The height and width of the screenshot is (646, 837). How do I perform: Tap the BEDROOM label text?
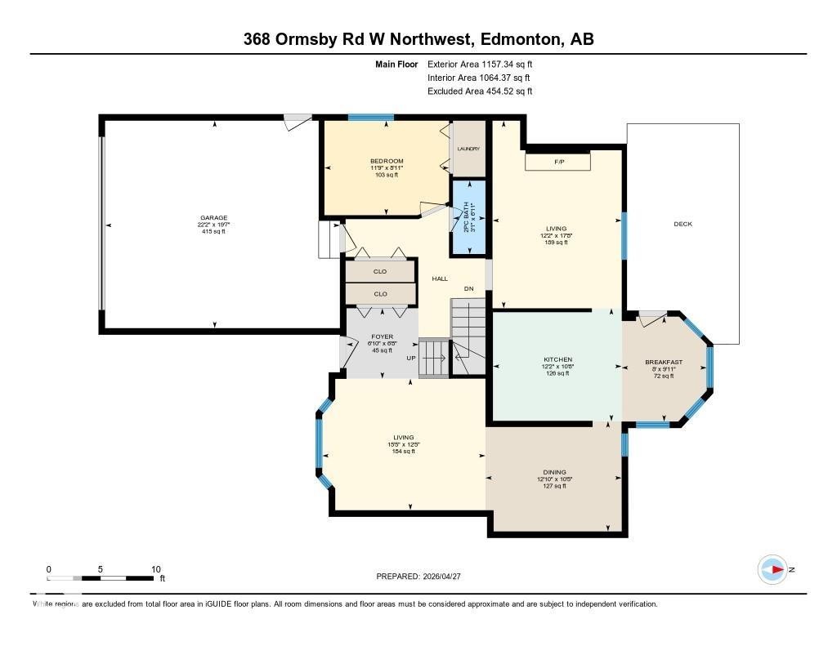(x=387, y=161)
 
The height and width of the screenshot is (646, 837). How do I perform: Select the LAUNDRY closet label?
(x=468, y=149)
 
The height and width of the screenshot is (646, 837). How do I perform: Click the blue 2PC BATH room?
(x=469, y=217)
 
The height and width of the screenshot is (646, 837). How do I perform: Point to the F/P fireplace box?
(x=559, y=163)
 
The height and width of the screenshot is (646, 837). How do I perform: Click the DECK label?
(x=683, y=224)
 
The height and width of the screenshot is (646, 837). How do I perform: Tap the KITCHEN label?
(x=558, y=359)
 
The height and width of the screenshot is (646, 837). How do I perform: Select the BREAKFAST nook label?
(x=663, y=362)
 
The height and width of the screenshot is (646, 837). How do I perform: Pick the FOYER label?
(x=382, y=336)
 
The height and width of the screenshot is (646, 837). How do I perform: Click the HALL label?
(x=440, y=278)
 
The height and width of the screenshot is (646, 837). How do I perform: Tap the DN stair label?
(x=468, y=288)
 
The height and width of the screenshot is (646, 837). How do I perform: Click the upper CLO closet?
(x=380, y=271)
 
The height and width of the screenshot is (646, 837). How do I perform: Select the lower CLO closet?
(x=380, y=294)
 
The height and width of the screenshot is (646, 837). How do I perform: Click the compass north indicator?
(x=772, y=569)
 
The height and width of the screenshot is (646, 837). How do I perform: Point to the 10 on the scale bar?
(x=155, y=569)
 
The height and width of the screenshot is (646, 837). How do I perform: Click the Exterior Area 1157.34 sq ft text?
(x=480, y=64)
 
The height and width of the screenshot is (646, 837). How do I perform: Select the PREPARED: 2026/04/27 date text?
(x=423, y=576)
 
